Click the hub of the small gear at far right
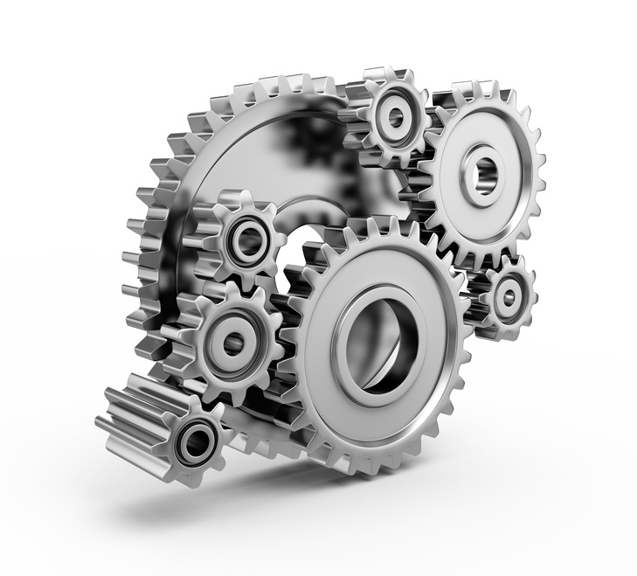click(506, 295)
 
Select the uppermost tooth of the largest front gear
click(384, 226)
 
